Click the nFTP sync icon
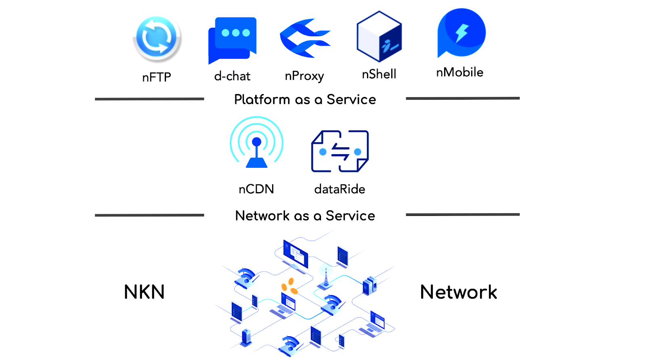coord(157,38)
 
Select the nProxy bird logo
coord(305,38)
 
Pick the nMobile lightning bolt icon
coord(461,33)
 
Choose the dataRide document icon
coord(340,151)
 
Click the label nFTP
coord(157,77)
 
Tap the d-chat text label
coord(232,76)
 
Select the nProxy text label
coord(304,76)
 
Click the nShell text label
coord(379,74)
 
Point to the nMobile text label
coord(460,72)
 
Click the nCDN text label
coord(256,189)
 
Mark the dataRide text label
coord(340,189)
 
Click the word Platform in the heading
coord(262,100)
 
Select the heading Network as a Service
coord(305,216)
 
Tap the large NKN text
coord(144,292)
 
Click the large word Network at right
coord(459,292)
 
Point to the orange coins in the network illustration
coord(289,286)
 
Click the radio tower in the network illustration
coord(326,277)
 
